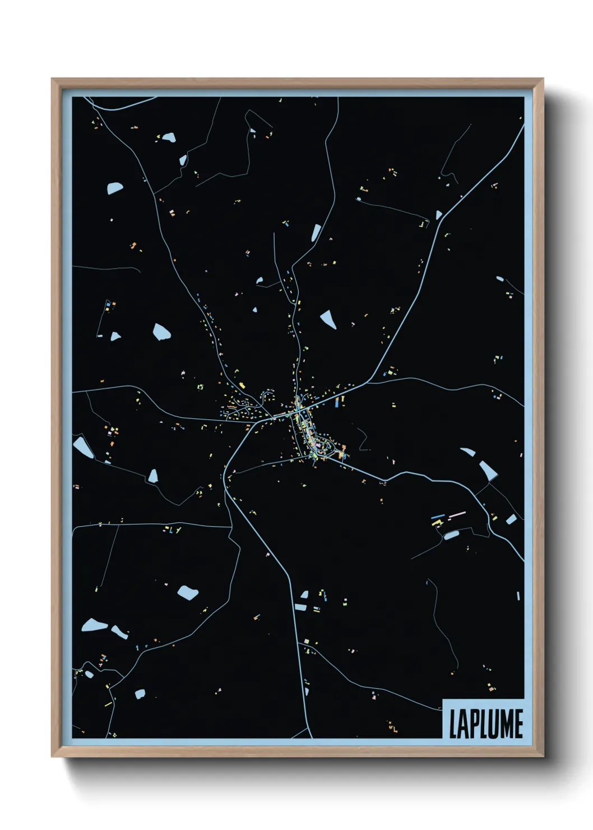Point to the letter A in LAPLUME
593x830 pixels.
pyautogui.click(x=461, y=724)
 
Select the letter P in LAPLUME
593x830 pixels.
pyautogui.click(x=471, y=724)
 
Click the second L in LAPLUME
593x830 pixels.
pyautogui.click(x=480, y=724)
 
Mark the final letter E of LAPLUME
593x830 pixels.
pyautogui.click(x=518, y=724)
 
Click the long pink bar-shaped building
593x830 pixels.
pyautogui.click(x=457, y=514)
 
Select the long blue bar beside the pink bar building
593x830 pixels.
pyautogui.click(x=438, y=517)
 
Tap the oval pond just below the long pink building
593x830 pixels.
pyautogui.click(x=451, y=535)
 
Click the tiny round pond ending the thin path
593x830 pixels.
pyautogui.click(x=359, y=199)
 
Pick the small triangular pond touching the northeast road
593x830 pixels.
pyautogui.click(x=439, y=214)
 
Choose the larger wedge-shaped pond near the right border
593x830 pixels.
pyautogui.click(x=487, y=470)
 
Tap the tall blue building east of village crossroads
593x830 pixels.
pyautogui.click(x=336, y=402)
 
